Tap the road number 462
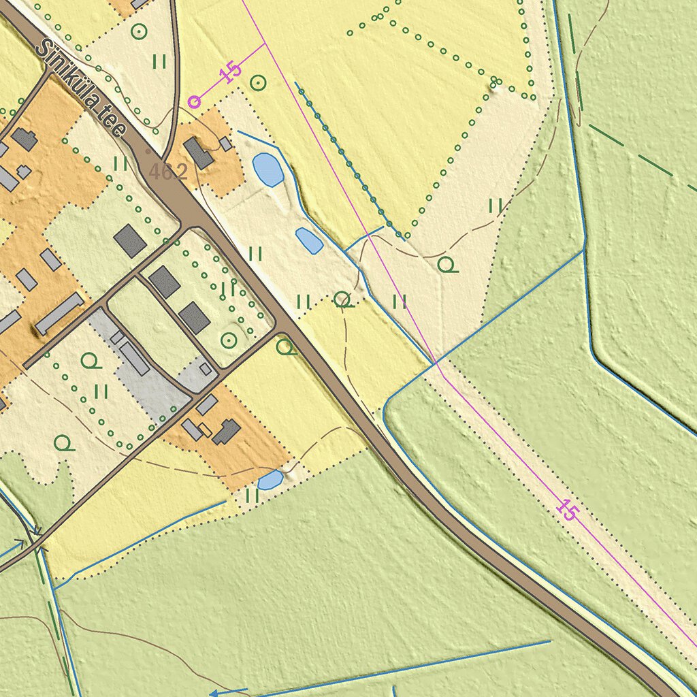[167, 172]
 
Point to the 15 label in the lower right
[566, 509]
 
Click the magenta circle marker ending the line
[195, 101]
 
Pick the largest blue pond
[268, 169]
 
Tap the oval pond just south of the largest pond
[309, 240]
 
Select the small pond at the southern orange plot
[271, 480]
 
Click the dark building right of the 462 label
[199, 153]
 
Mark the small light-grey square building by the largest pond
[225, 144]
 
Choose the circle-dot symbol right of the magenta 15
[258, 83]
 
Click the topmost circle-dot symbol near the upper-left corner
[139, 31]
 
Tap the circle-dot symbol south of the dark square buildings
[229, 340]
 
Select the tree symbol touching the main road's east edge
[287, 348]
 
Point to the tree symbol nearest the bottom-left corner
[63, 443]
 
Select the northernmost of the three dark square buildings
[130, 241]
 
